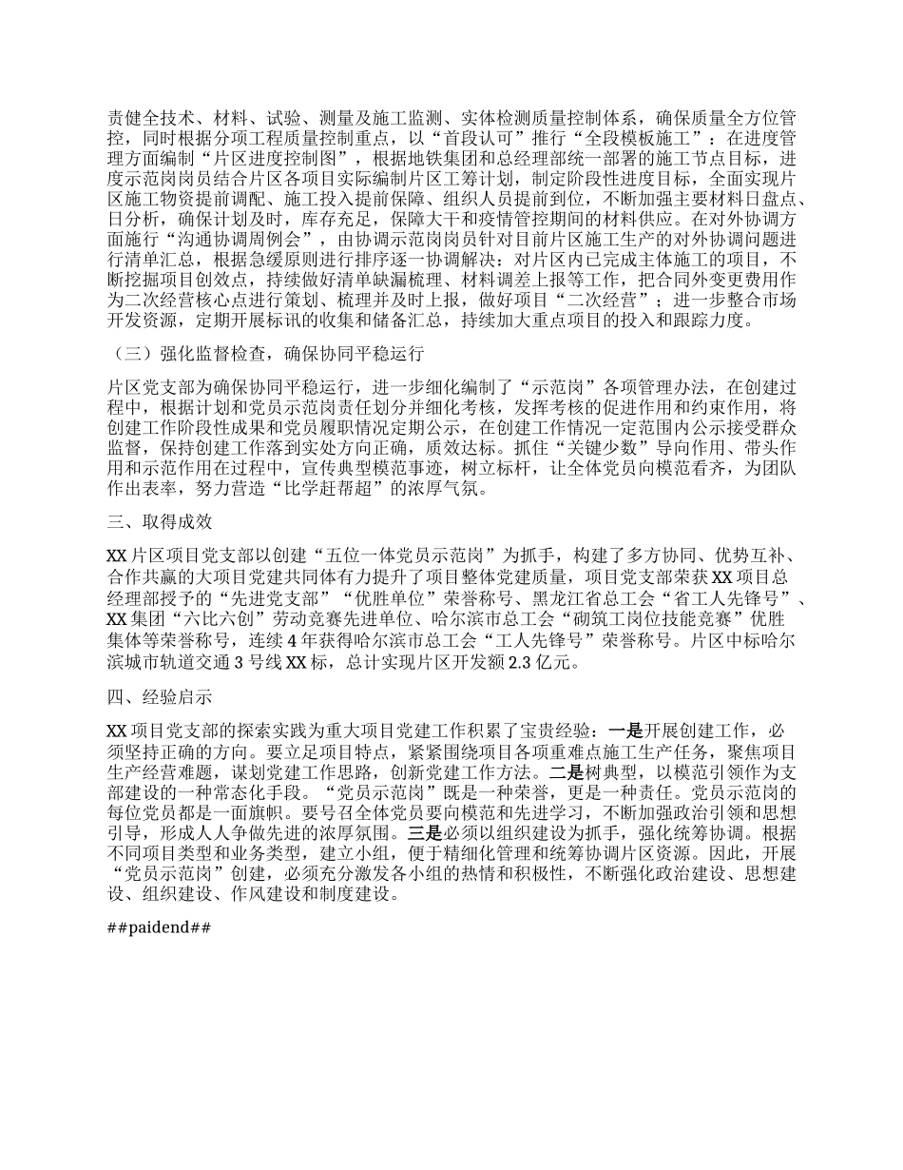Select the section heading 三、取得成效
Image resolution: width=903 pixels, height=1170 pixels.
pyautogui.click(x=160, y=522)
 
